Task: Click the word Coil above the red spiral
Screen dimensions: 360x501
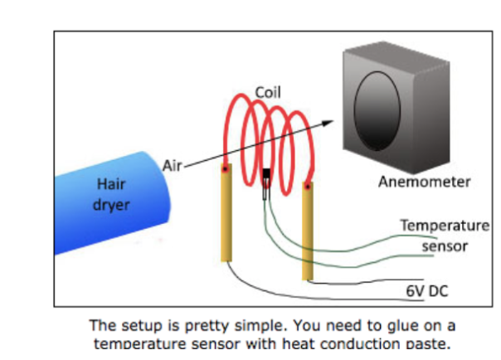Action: (x=267, y=92)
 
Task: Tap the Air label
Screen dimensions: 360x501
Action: (x=172, y=166)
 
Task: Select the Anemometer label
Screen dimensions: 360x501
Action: (x=425, y=182)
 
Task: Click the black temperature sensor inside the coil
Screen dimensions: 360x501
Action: (x=266, y=177)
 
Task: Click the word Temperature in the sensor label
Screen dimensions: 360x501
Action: (x=445, y=226)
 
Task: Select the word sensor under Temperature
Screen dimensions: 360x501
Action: (x=445, y=246)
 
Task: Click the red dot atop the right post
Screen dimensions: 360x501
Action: (x=307, y=186)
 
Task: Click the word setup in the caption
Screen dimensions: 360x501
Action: (x=134, y=325)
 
